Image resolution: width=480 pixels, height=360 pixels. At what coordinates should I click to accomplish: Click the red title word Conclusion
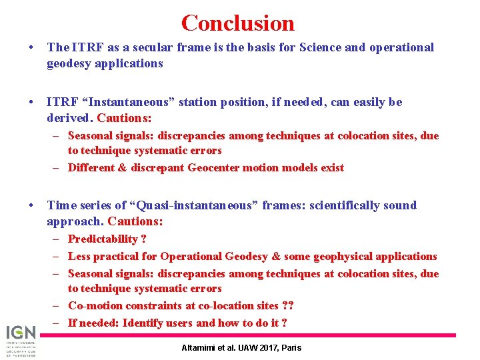click(x=237, y=23)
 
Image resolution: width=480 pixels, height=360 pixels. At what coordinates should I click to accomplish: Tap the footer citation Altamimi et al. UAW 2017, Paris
click(x=241, y=347)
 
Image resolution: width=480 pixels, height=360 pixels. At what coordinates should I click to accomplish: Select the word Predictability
click(x=103, y=239)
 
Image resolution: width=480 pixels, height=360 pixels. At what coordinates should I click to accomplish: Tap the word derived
click(x=69, y=118)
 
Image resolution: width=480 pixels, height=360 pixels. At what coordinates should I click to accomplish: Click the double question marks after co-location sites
click(x=288, y=305)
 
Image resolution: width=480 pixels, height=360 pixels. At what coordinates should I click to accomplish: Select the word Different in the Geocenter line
click(x=91, y=167)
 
